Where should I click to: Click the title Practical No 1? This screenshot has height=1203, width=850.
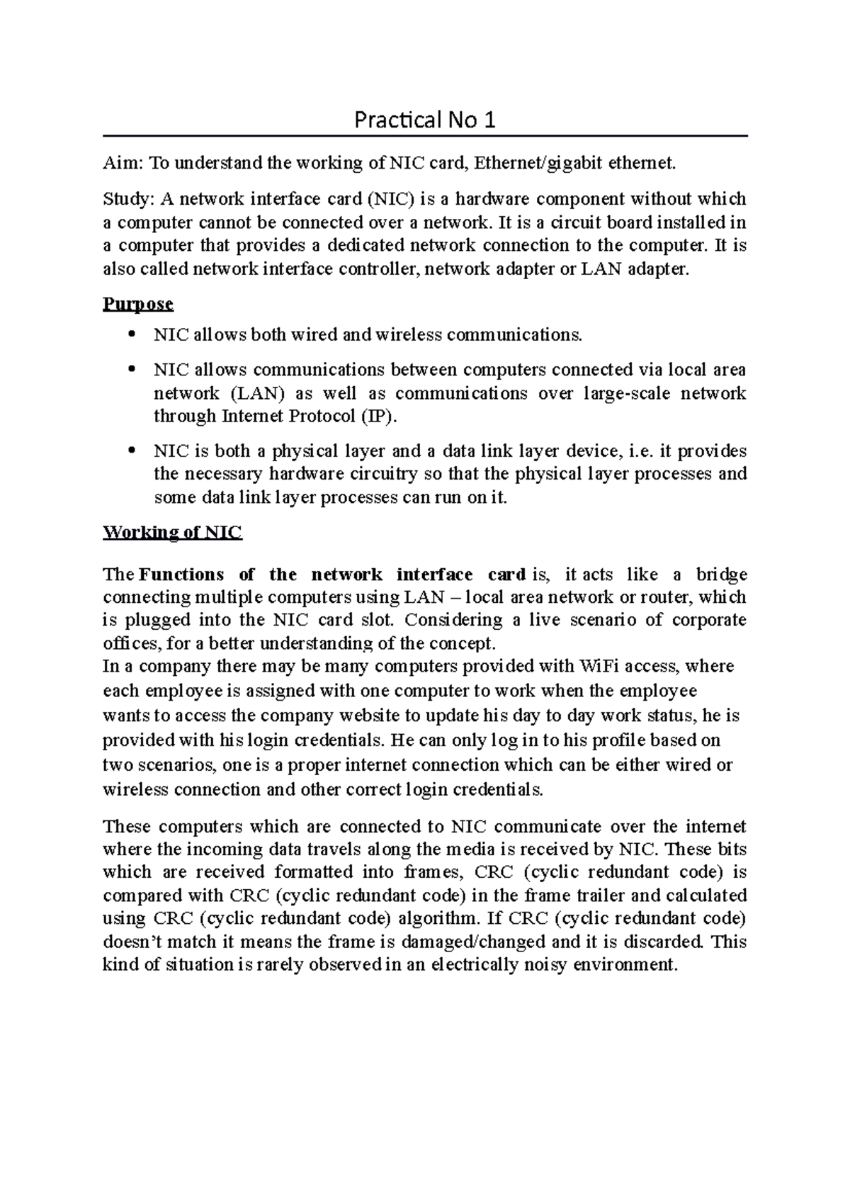(x=424, y=120)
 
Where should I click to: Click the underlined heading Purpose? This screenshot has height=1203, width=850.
(x=138, y=304)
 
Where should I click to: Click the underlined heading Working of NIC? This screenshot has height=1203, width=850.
(x=172, y=532)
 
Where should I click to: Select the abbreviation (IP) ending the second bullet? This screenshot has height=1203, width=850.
(x=375, y=416)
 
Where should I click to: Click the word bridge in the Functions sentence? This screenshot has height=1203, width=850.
(x=722, y=574)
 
